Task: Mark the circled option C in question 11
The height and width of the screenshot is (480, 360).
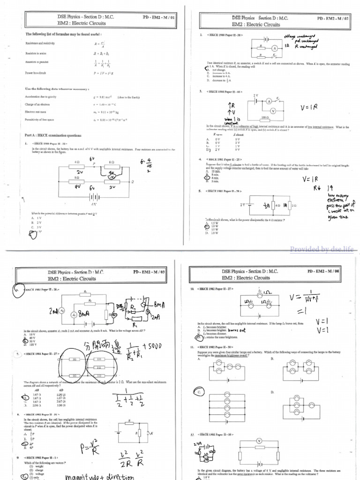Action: coord(199,391)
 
